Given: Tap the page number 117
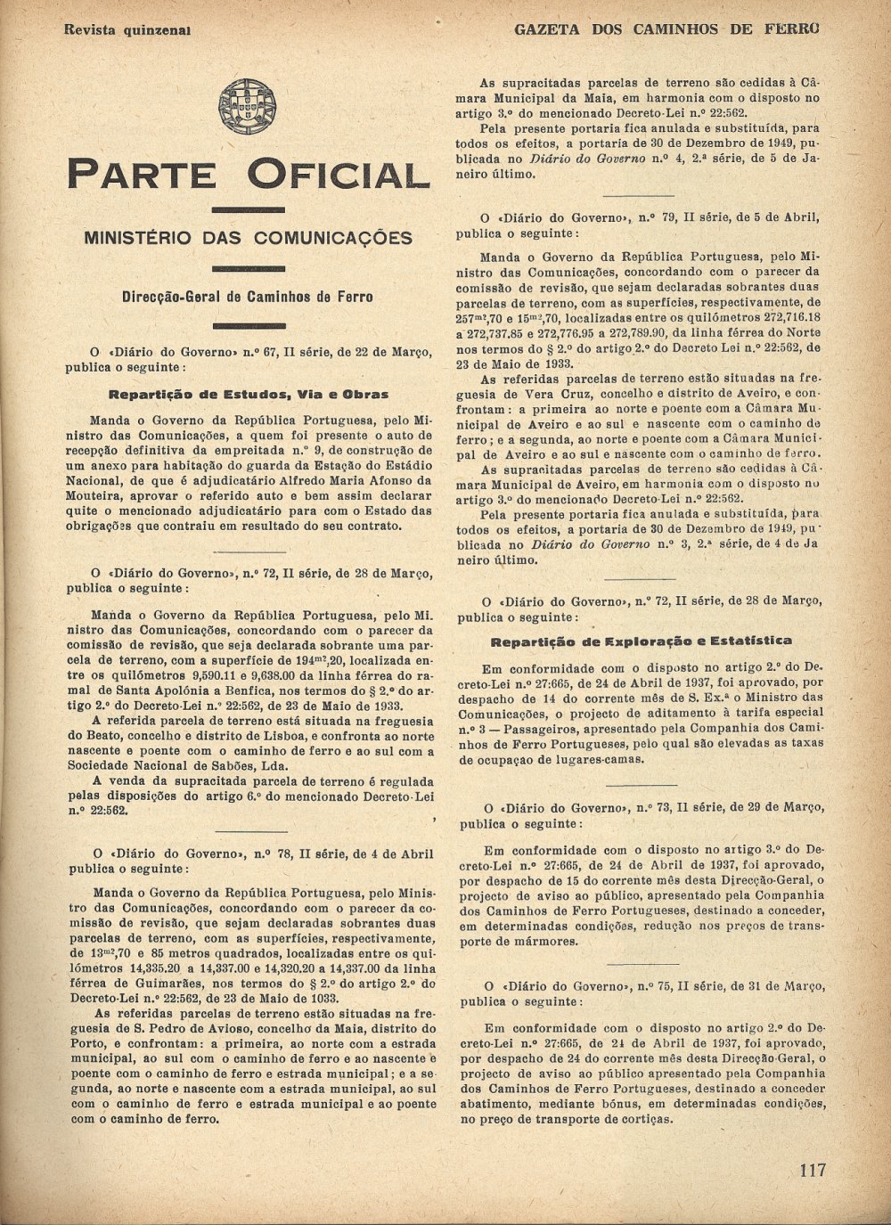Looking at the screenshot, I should click(813, 1170).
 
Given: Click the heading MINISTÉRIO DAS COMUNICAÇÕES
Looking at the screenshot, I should click(248, 238).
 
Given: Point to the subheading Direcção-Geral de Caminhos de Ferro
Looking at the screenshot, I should click(248, 297).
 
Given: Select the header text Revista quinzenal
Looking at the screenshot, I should click(128, 29).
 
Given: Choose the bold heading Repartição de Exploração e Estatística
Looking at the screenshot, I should click(642, 641).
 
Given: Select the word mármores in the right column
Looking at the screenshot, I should click(535, 941).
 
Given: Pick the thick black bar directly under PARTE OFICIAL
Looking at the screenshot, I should click(249, 210).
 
